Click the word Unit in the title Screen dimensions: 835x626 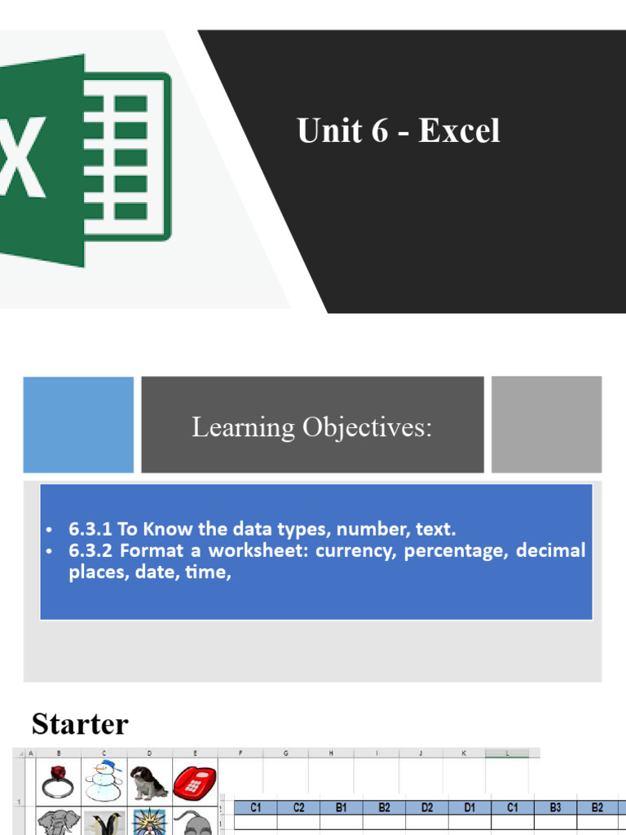pyautogui.click(x=325, y=131)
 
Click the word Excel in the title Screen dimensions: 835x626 pyautogui.click(x=459, y=131)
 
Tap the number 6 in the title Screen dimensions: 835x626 pyautogui.click(x=379, y=131)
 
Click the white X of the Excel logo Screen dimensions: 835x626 pyautogui.click(x=23, y=159)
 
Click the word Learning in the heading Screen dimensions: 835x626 pyautogui.click(x=243, y=426)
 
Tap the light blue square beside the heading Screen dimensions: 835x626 pyautogui.click(x=78, y=424)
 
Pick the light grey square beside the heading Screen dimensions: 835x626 pyautogui.click(x=546, y=424)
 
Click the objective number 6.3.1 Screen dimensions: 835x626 pyautogui.click(x=91, y=528)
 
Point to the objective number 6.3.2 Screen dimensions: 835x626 pyautogui.click(x=91, y=550)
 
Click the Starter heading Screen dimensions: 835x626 pyautogui.click(x=80, y=724)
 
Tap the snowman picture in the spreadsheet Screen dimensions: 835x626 pyautogui.click(x=104, y=781)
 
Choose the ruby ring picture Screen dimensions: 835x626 pyautogui.click(x=59, y=781)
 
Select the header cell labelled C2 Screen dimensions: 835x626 pyautogui.click(x=298, y=807)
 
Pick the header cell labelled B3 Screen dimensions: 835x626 pyautogui.click(x=555, y=807)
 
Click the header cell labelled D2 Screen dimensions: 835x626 pyautogui.click(x=427, y=807)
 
